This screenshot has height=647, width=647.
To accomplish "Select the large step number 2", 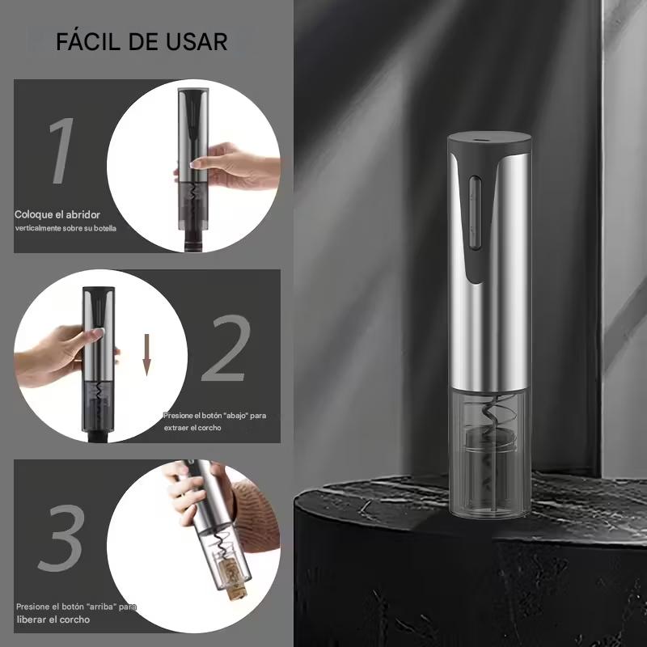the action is [226, 349].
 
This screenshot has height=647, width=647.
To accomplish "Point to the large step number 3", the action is [62, 538].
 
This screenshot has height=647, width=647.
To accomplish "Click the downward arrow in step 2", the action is [147, 355].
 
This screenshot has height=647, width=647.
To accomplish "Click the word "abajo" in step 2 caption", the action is [236, 416].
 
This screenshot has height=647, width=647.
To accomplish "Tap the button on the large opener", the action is [475, 213].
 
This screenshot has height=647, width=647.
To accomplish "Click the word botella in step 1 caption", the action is [105, 228].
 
